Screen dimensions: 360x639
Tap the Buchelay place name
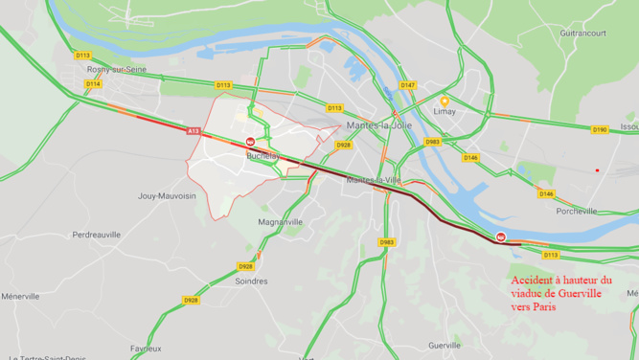pos(262,155)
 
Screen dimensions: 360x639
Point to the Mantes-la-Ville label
pos(374,179)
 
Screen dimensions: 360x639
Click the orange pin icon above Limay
pos(445,101)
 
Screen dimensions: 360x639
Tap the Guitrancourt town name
pos(582,33)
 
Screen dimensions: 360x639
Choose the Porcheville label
pos(577,212)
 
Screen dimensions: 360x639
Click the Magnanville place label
pos(281,221)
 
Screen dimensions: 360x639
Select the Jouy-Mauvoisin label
pos(167,196)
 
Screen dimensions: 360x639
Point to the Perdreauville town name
pos(97,235)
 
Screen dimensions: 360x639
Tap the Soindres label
pos(251,281)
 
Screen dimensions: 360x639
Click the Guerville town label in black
pos(445,345)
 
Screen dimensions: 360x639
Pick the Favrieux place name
pos(146,349)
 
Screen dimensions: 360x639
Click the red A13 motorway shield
pos(194,130)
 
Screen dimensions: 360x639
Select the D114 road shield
pos(93,84)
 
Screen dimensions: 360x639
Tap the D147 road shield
pos(408,85)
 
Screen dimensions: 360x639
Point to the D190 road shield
pos(600,129)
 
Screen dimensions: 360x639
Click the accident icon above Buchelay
pos(250,142)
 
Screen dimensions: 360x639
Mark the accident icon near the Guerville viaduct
pos(500,236)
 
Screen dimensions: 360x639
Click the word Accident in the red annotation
pos(533,280)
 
